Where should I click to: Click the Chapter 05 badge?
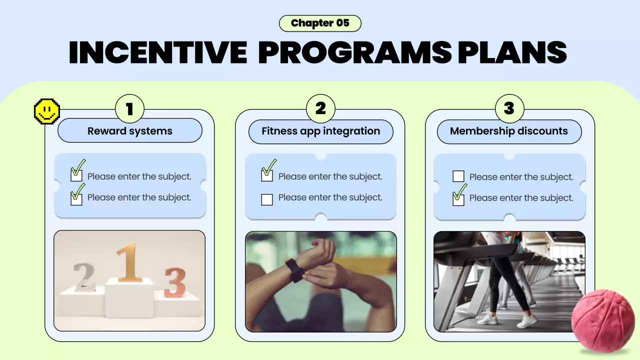click(x=320, y=23)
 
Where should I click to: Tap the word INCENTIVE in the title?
click(x=158, y=52)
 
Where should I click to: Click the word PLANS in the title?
click(x=512, y=52)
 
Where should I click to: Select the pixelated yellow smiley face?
click(x=47, y=111)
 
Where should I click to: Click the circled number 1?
click(x=129, y=109)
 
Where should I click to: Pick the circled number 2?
click(x=320, y=109)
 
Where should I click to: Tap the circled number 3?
click(x=509, y=109)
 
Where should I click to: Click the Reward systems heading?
click(x=130, y=131)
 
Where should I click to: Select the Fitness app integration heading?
click(x=321, y=131)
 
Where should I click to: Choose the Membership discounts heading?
click(x=509, y=131)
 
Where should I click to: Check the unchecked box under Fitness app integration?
click(x=267, y=199)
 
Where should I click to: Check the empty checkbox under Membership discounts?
click(x=458, y=176)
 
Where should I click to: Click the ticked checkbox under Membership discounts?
click(x=458, y=199)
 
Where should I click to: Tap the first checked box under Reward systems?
click(x=76, y=175)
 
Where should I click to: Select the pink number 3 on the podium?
click(x=174, y=282)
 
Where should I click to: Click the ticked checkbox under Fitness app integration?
click(x=267, y=175)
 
